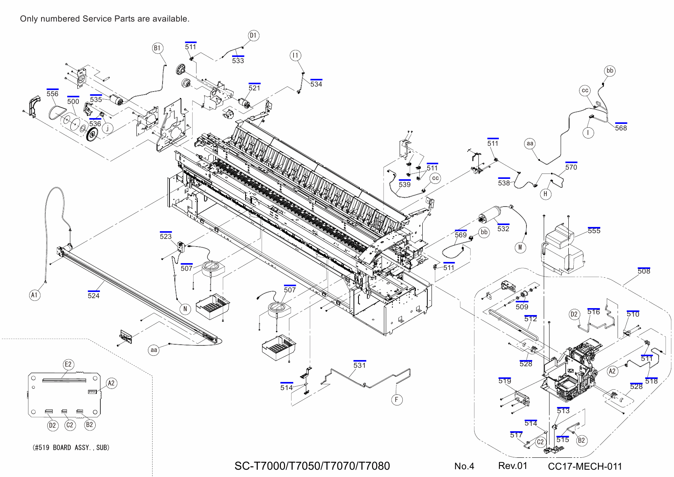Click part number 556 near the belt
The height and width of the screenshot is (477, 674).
pyautogui.click(x=52, y=94)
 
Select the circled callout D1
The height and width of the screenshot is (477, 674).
pyautogui.click(x=253, y=36)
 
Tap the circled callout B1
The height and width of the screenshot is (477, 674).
pyautogui.click(x=157, y=48)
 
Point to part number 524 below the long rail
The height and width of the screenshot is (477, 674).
pyautogui.click(x=93, y=295)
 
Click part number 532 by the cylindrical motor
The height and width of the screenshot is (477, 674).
pyautogui.click(x=503, y=229)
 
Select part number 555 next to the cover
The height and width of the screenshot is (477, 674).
pyautogui.click(x=594, y=231)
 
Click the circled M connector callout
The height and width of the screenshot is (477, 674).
pyautogui.click(x=520, y=247)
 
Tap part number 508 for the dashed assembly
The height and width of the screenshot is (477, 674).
pyautogui.click(x=644, y=271)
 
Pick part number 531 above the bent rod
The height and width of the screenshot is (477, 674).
pyautogui.click(x=359, y=365)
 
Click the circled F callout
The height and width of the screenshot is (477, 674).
pyautogui.click(x=397, y=400)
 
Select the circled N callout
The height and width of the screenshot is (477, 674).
pyautogui.click(x=185, y=309)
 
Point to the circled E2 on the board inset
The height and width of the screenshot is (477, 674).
pyautogui.click(x=68, y=364)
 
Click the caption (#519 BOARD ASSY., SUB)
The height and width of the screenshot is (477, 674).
pyautogui.click(x=71, y=447)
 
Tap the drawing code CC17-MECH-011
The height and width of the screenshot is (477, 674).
pyautogui.click(x=584, y=467)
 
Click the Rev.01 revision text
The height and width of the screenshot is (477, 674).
pyautogui.click(x=513, y=466)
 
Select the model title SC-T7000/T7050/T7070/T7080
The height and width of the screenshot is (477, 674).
pyautogui.click(x=312, y=466)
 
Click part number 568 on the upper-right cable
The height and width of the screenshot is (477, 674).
pyautogui.click(x=621, y=128)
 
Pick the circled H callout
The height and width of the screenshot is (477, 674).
pyautogui.click(x=545, y=194)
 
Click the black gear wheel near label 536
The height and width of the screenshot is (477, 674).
pyautogui.click(x=93, y=135)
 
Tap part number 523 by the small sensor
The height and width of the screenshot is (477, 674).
pyautogui.click(x=166, y=236)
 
